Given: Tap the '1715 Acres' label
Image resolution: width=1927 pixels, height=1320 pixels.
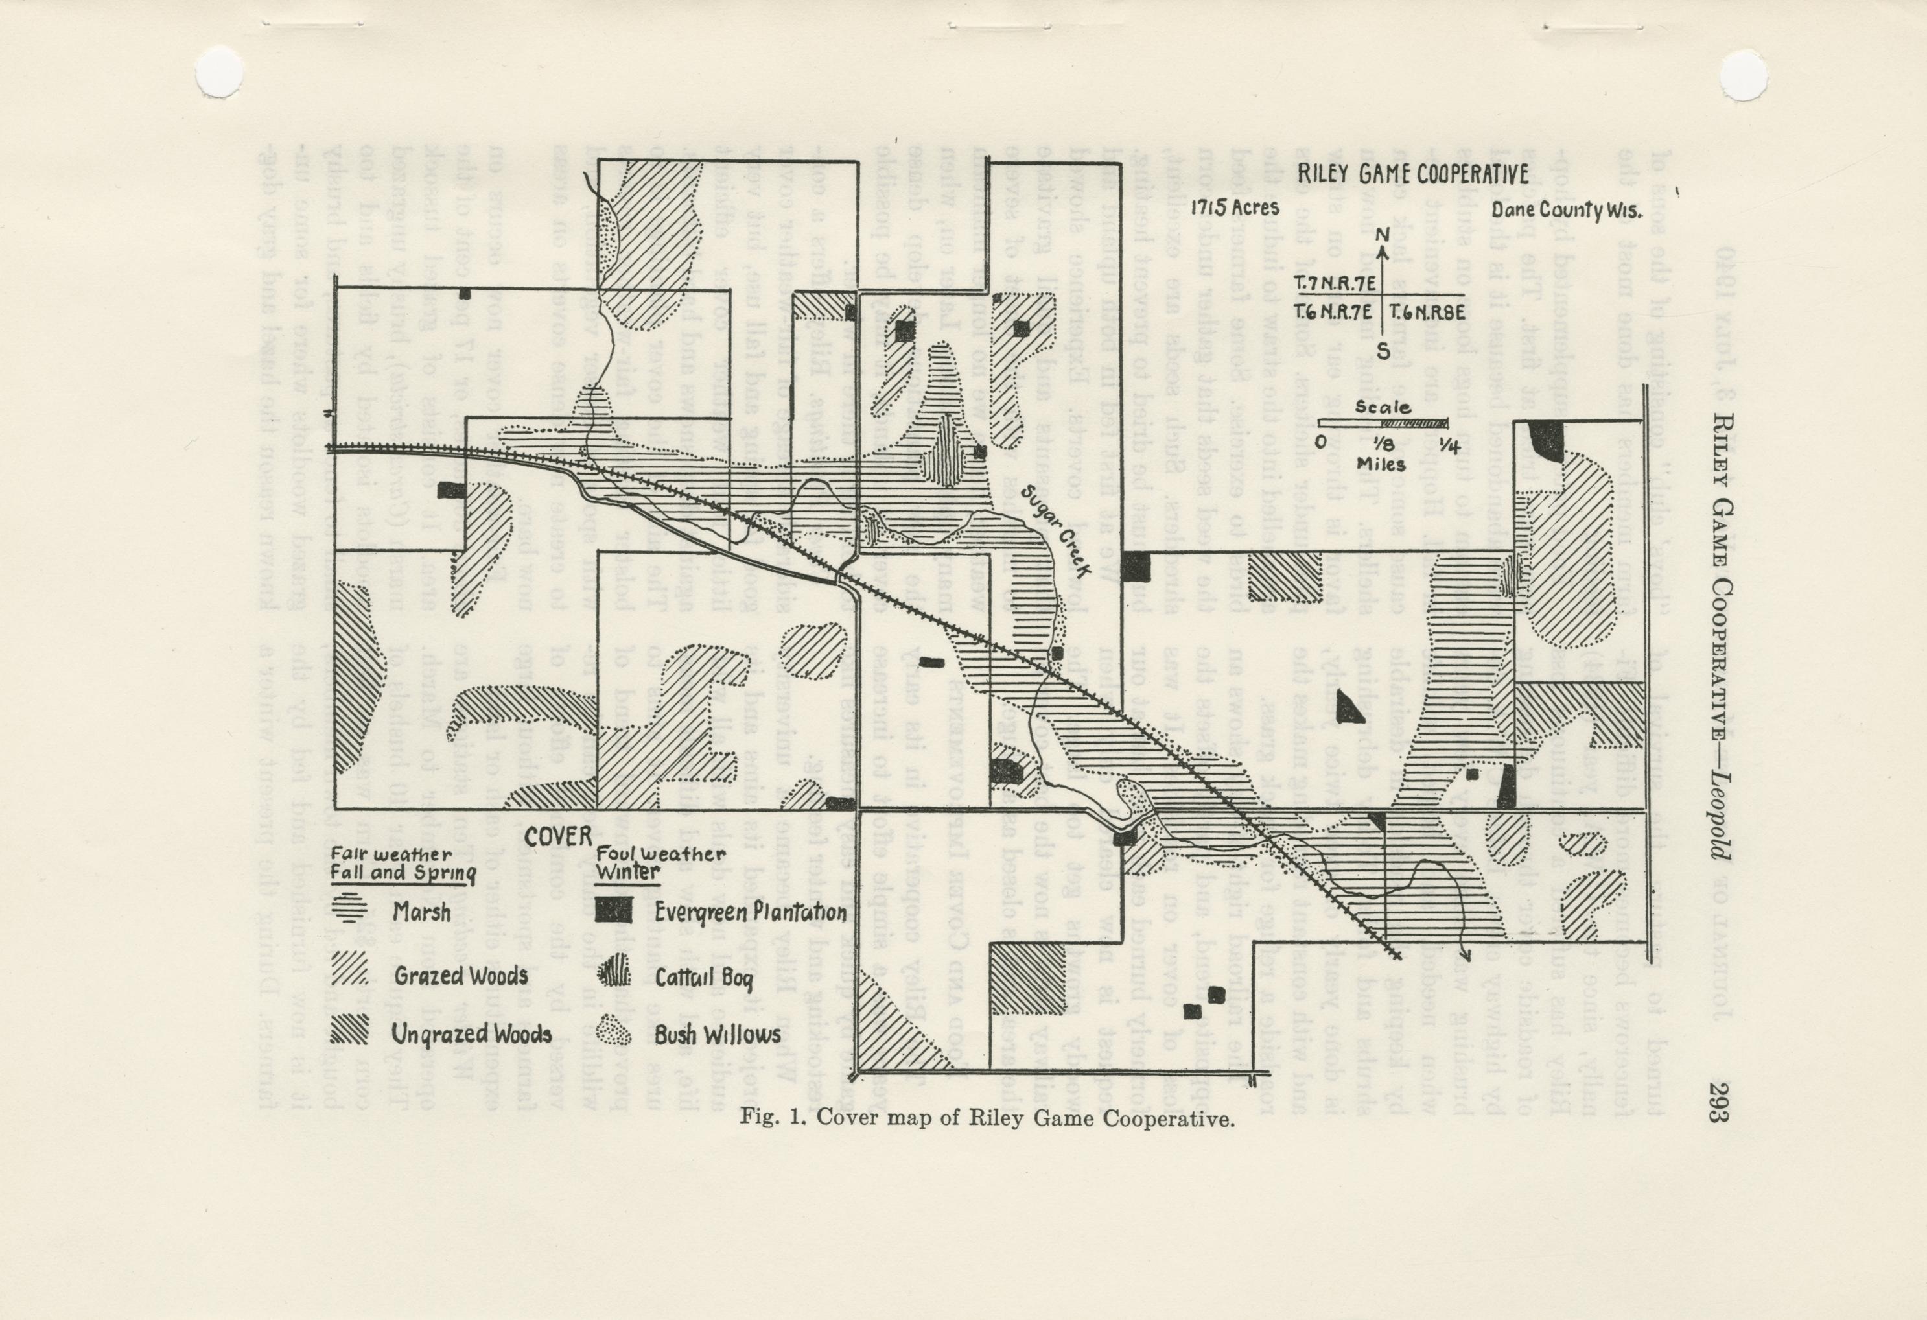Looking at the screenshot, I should click(x=1235, y=208).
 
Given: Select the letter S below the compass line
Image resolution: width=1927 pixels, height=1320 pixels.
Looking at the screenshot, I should click(x=1383, y=351).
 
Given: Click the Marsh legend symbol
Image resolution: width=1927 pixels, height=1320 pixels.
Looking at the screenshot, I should click(x=351, y=910).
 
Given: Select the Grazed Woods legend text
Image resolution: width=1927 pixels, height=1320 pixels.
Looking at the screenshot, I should click(x=460, y=976).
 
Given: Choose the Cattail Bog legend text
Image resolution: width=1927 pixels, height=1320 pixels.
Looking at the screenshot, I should click(x=703, y=978).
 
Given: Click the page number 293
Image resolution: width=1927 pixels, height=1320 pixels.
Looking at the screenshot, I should click(x=1716, y=1104).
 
